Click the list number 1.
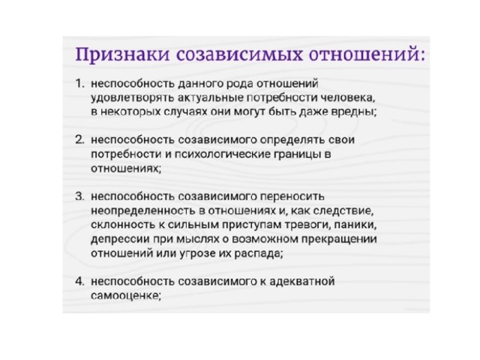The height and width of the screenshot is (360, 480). click(79, 83)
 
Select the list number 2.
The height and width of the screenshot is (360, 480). click(79, 139)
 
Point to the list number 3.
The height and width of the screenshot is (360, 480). click(79, 196)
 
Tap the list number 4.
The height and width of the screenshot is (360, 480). click(79, 281)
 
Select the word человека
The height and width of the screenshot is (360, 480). click(348, 98)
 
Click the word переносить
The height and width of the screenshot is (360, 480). click(292, 196)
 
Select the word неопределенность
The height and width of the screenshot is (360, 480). click(143, 211)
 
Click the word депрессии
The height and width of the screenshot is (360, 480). click(120, 239)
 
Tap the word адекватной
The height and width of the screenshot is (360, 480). click(302, 281)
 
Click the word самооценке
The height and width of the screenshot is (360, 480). click(126, 295)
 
